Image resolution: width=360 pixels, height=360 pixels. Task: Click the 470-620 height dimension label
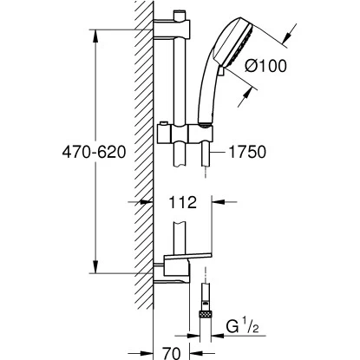point(94,152)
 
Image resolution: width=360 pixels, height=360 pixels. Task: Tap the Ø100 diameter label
point(265,66)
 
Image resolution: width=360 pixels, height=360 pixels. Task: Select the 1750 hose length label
point(247,152)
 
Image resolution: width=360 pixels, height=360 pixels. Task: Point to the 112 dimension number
point(182,202)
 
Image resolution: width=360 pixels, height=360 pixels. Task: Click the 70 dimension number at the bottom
point(171,353)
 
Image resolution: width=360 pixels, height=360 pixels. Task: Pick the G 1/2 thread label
point(242,327)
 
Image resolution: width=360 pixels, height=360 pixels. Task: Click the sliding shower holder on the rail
point(185,134)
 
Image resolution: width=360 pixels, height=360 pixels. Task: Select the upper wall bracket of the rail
point(172,29)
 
